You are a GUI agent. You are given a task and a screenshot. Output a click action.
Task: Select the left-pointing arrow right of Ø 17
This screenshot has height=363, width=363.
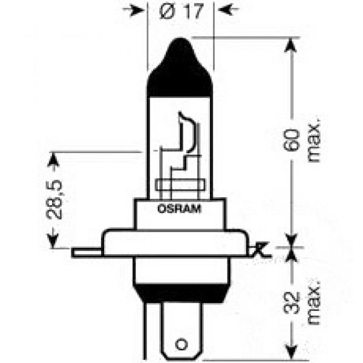point(226,10)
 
